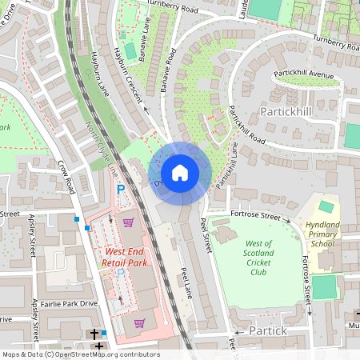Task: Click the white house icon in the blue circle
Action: [179, 172]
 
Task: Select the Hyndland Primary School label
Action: [322, 234]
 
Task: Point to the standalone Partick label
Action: [267, 330]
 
